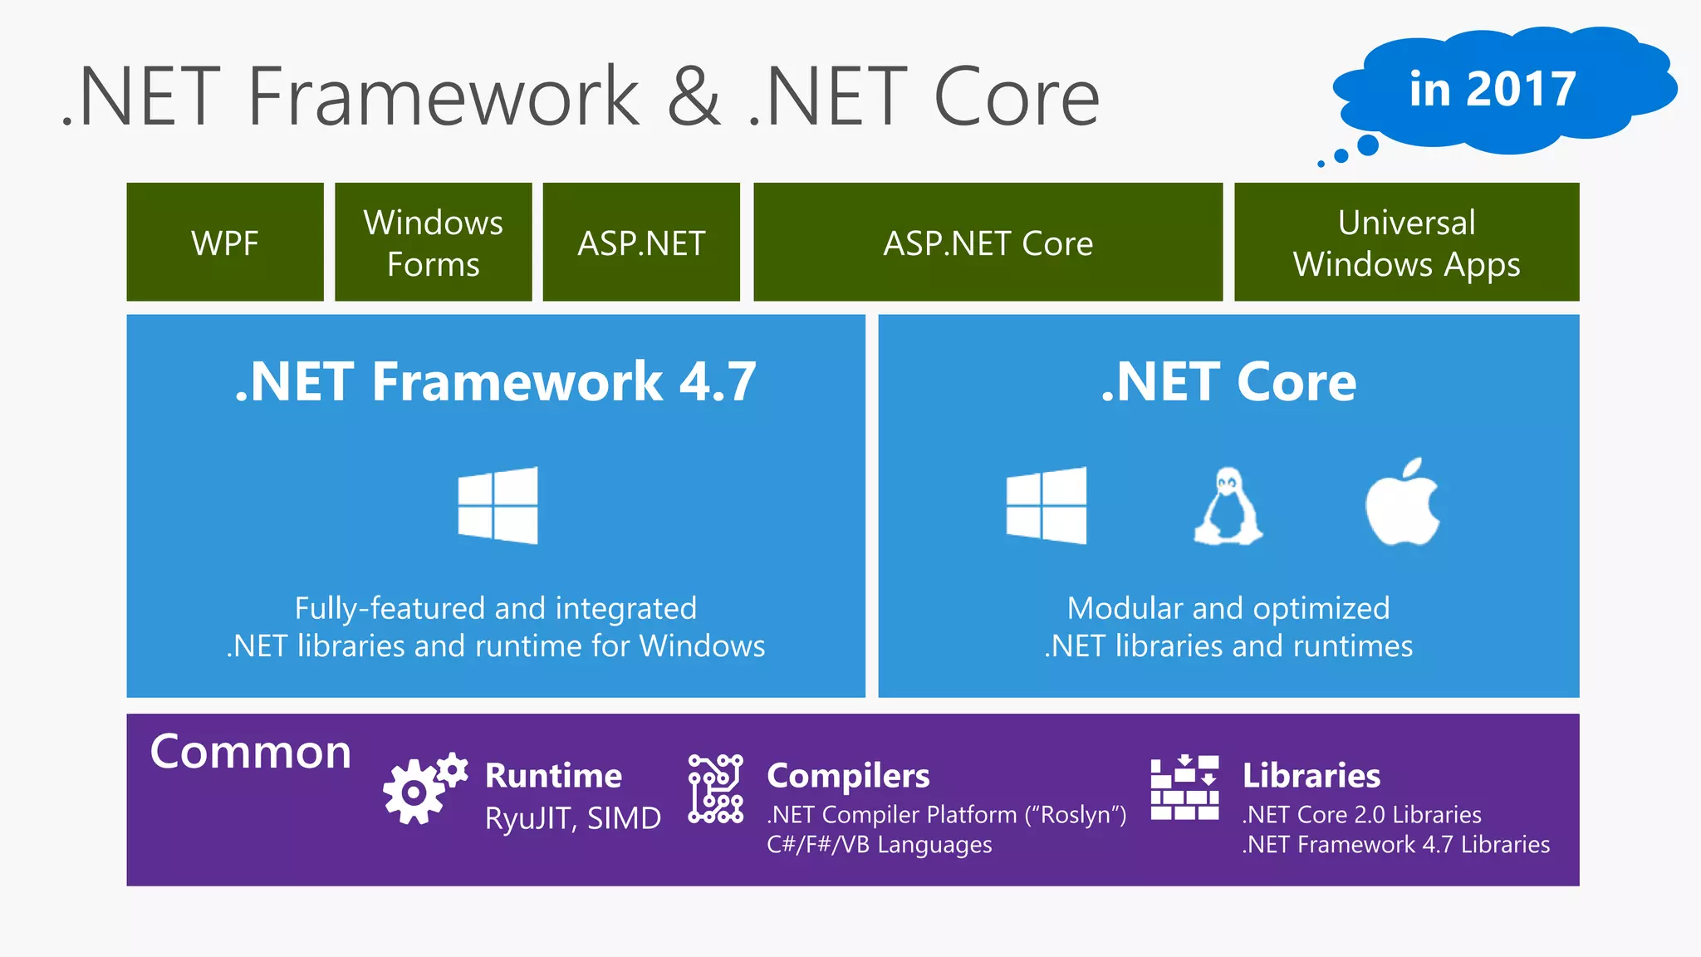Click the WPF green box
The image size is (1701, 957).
click(225, 243)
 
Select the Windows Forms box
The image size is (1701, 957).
click(433, 243)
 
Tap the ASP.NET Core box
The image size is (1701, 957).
click(988, 243)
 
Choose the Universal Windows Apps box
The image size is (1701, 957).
click(1406, 243)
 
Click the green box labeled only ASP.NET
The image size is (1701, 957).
click(641, 243)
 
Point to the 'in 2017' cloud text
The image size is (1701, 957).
click(1493, 89)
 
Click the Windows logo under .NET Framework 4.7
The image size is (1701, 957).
click(498, 505)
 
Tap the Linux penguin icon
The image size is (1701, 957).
click(1228, 506)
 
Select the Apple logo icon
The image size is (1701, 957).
click(1403, 503)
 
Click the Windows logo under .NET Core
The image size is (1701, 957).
click(1047, 505)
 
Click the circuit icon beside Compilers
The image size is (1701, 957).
click(715, 788)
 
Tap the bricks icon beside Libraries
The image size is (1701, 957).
click(1184, 788)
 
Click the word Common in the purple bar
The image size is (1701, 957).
click(251, 752)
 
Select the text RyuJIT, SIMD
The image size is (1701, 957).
click(573, 818)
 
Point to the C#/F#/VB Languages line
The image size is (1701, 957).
click(879, 845)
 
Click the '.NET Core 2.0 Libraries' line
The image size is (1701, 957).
click(1361, 815)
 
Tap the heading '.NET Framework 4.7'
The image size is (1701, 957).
click(496, 382)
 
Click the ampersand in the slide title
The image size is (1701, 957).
click(694, 97)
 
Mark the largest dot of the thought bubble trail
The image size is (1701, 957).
click(1367, 145)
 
